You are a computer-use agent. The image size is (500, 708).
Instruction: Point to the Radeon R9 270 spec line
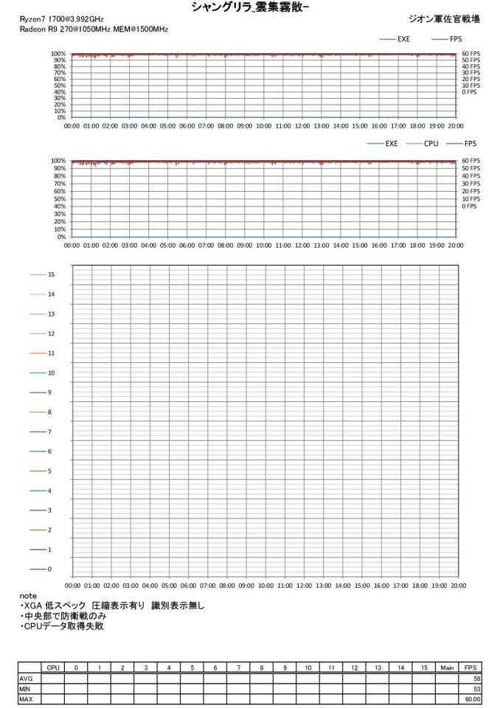click(94, 29)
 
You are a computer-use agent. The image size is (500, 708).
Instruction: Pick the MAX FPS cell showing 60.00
click(469, 698)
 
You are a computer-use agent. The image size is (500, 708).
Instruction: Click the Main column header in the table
click(446, 667)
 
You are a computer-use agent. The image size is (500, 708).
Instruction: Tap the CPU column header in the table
click(52, 667)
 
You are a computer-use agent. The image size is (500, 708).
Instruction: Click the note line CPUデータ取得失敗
click(64, 626)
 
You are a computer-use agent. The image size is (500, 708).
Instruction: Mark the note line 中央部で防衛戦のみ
click(64, 616)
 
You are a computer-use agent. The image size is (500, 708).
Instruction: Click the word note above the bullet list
click(28, 595)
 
